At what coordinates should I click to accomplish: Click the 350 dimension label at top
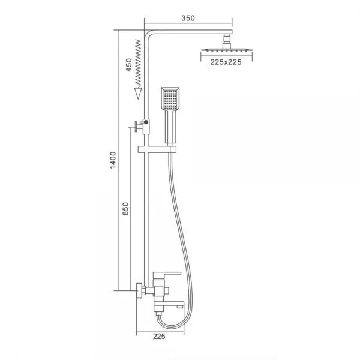click(188, 18)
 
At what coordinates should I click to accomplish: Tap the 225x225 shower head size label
click(226, 62)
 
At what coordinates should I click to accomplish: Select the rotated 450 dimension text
click(129, 65)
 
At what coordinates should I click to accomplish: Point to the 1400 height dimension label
click(113, 160)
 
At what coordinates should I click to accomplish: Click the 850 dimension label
click(125, 208)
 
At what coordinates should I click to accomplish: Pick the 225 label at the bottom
click(159, 337)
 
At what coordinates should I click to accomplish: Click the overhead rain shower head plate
click(227, 50)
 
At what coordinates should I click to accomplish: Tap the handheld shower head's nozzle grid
click(170, 100)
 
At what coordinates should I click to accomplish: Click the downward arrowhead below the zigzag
click(138, 94)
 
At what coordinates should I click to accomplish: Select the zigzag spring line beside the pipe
click(138, 64)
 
